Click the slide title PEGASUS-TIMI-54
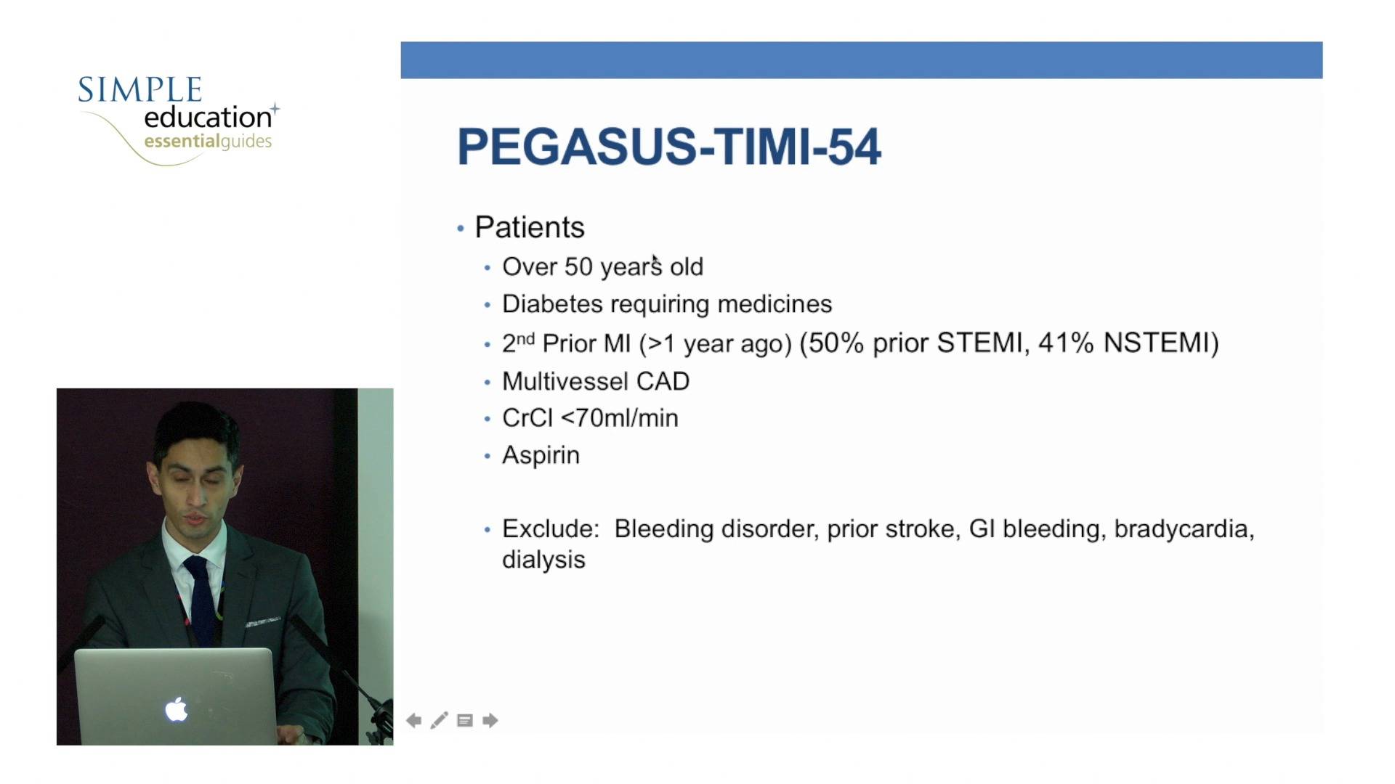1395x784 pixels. pyautogui.click(x=669, y=147)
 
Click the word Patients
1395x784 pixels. pyautogui.click(x=530, y=227)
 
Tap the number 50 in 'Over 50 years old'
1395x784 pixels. pyautogui.click(x=578, y=266)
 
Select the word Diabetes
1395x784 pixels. pyautogui.click(x=552, y=303)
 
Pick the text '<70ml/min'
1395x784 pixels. pyautogui.click(x=620, y=418)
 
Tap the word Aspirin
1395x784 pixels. pyautogui.click(x=541, y=455)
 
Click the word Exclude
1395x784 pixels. pyautogui.click(x=549, y=528)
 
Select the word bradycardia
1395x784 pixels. pyautogui.click(x=1184, y=529)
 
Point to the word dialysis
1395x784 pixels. pyautogui.click(x=543, y=560)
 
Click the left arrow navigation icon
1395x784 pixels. pyautogui.click(x=414, y=720)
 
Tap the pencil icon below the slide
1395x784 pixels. pyautogui.click(x=440, y=720)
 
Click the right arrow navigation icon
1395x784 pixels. pyautogui.click(x=490, y=720)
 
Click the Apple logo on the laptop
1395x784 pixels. pyautogui.click(x=177, y=709)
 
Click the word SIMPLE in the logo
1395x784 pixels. pyautogui.click(x=139, y=90)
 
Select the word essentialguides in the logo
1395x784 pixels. pyautogui.click(x=208, y=141)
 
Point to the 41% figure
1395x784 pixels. pyautogui.click(x=1066, y=343)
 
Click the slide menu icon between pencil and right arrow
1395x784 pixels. pyautogui.click(x=465, y=720)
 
